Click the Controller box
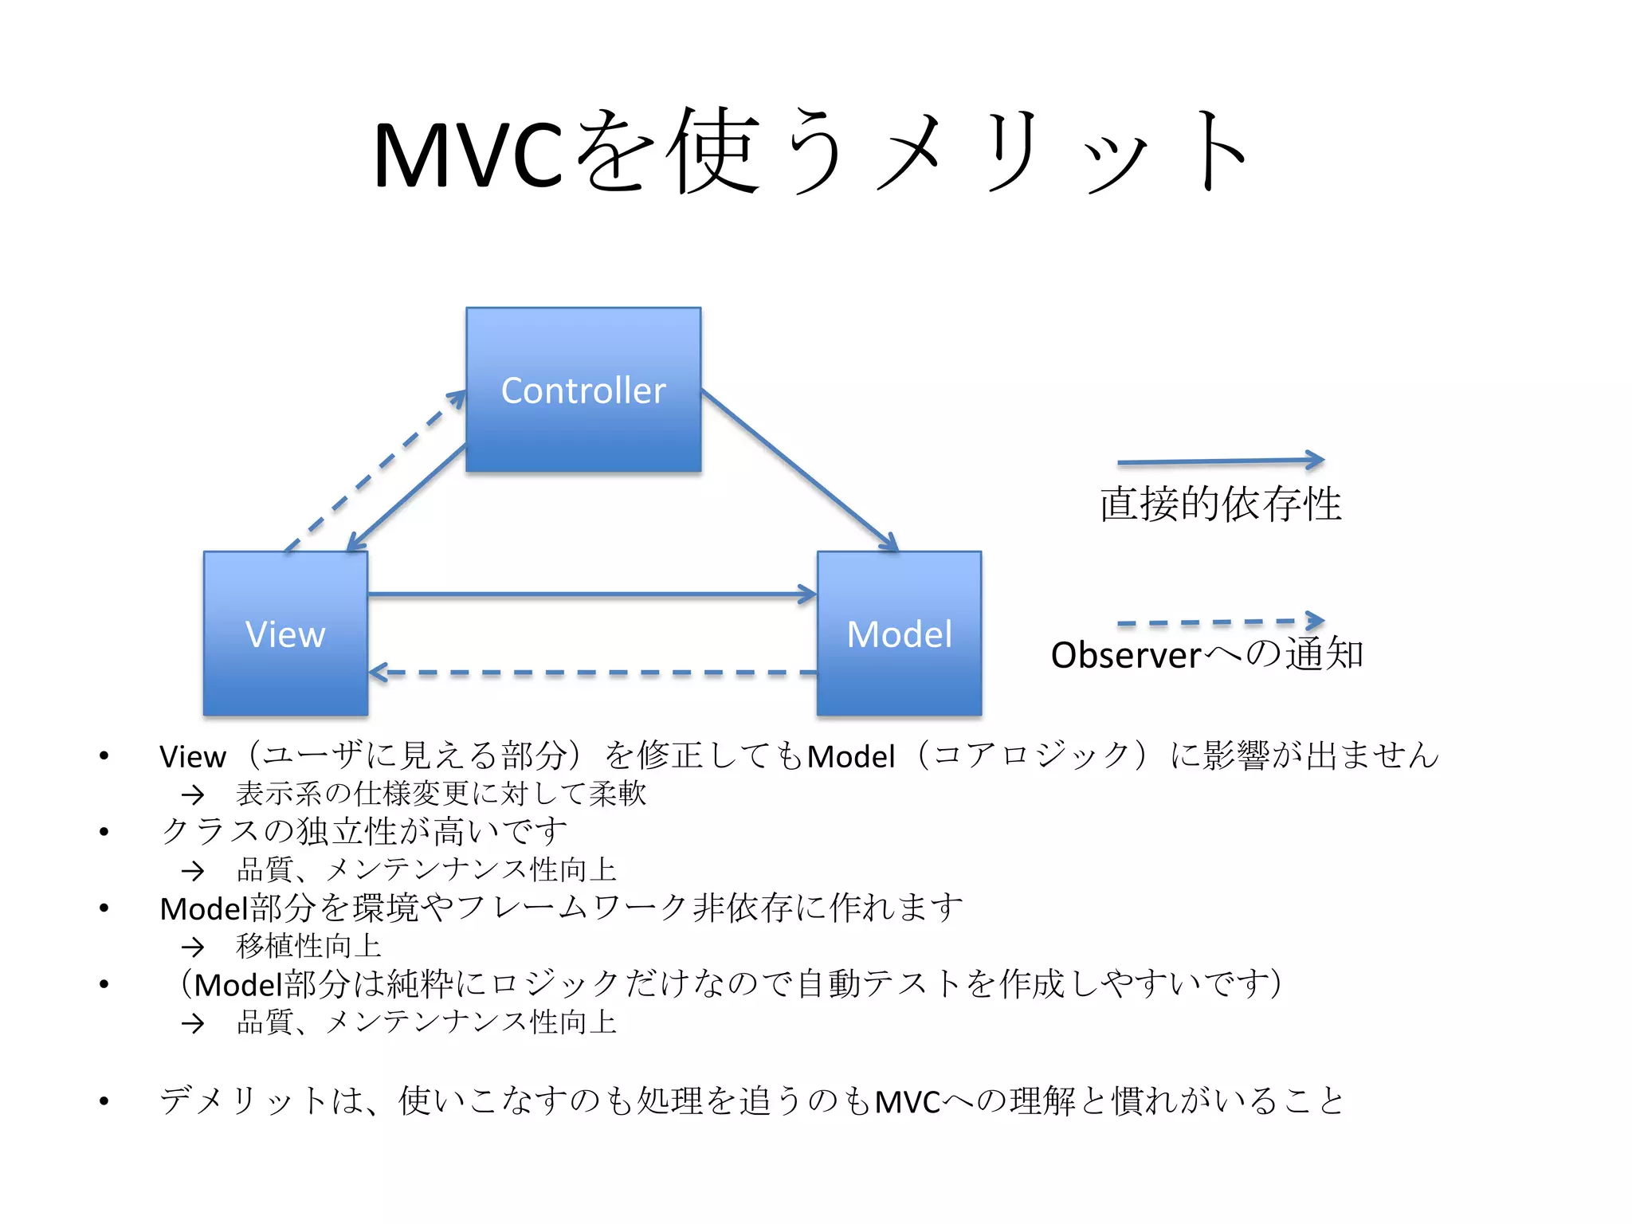pos(583,390)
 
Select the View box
pos(285,634)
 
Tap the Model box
pos(899,634)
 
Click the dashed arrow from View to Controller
pos(375,470)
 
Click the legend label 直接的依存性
pos(1220,504)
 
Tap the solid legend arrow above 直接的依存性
pos(1219,461)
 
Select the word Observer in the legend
pos(1125,655)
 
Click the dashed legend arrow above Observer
pos(1219,622)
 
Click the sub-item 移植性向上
pos(309,946)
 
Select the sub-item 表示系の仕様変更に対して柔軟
pos(441,794)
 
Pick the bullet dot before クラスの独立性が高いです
pos(104,832)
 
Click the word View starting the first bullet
pos(193,756)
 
